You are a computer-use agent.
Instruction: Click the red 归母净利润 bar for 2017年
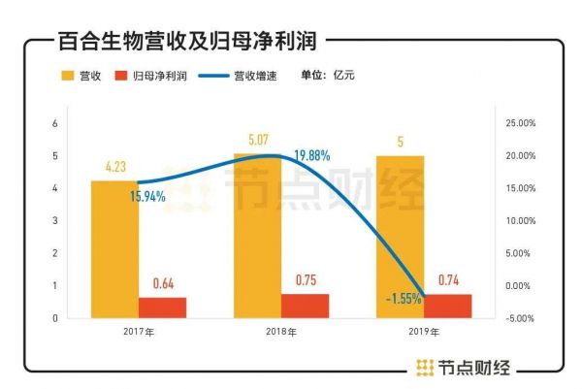point(162,308)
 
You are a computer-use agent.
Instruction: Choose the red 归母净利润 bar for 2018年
point(305,306)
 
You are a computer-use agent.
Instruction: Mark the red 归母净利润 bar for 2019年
point(447,306)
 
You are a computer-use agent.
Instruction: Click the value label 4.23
point(114,167)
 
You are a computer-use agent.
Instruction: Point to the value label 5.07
point(257,140)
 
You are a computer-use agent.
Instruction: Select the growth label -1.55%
point(402,299)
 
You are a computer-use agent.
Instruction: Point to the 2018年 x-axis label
point(281,333)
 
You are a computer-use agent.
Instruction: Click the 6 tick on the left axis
point(55,123)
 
